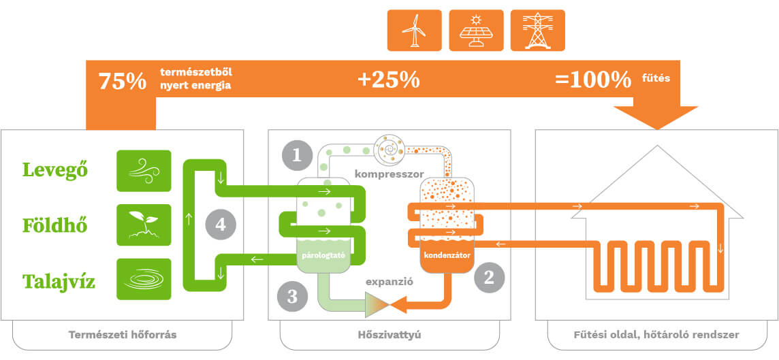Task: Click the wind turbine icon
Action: [x=414, y=31]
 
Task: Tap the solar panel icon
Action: [x=476, y=31]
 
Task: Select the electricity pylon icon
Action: [x=537, y=31]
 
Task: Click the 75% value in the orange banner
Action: [x=123, y=81]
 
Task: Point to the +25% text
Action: [x=388, y=80]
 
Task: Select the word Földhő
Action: [x=55, y=225]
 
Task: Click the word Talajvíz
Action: [x=59, y=280]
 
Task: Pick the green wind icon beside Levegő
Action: [x=144, y=170]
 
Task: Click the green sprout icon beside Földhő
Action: [x=144, y=225]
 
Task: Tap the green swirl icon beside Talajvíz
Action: [x=144, y=279]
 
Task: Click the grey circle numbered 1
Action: [x=297, y=155]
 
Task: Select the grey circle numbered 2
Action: [x=488, y=276]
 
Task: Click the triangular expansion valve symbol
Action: [x=379, y=305]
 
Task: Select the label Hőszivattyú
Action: [x=389, y=335]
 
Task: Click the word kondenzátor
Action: [x=447, y=256]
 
